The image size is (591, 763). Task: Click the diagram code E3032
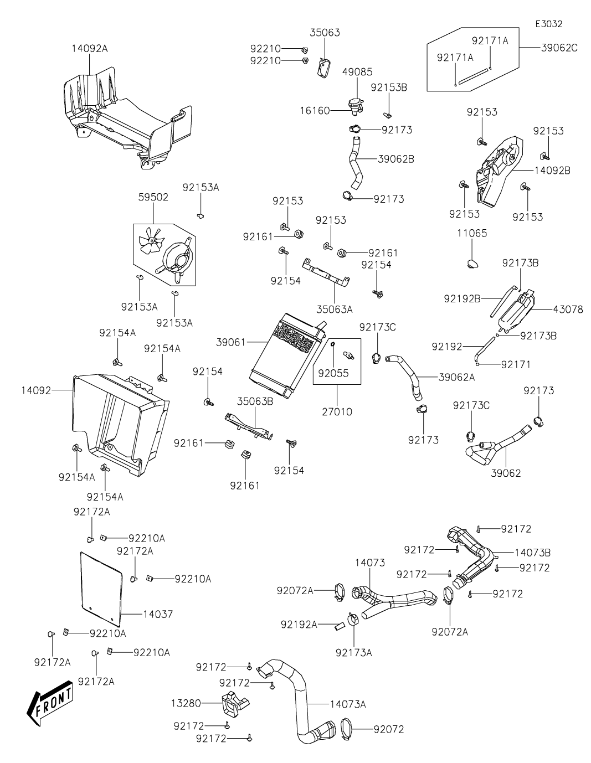(548, 24)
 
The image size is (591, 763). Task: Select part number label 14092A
(89, 49)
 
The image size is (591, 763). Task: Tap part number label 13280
(186, 703)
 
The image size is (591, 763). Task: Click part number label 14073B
(533, 552)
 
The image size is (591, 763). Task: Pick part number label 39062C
(559, 48)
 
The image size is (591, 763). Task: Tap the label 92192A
(299, 625)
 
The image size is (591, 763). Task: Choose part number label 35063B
(255, 401)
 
